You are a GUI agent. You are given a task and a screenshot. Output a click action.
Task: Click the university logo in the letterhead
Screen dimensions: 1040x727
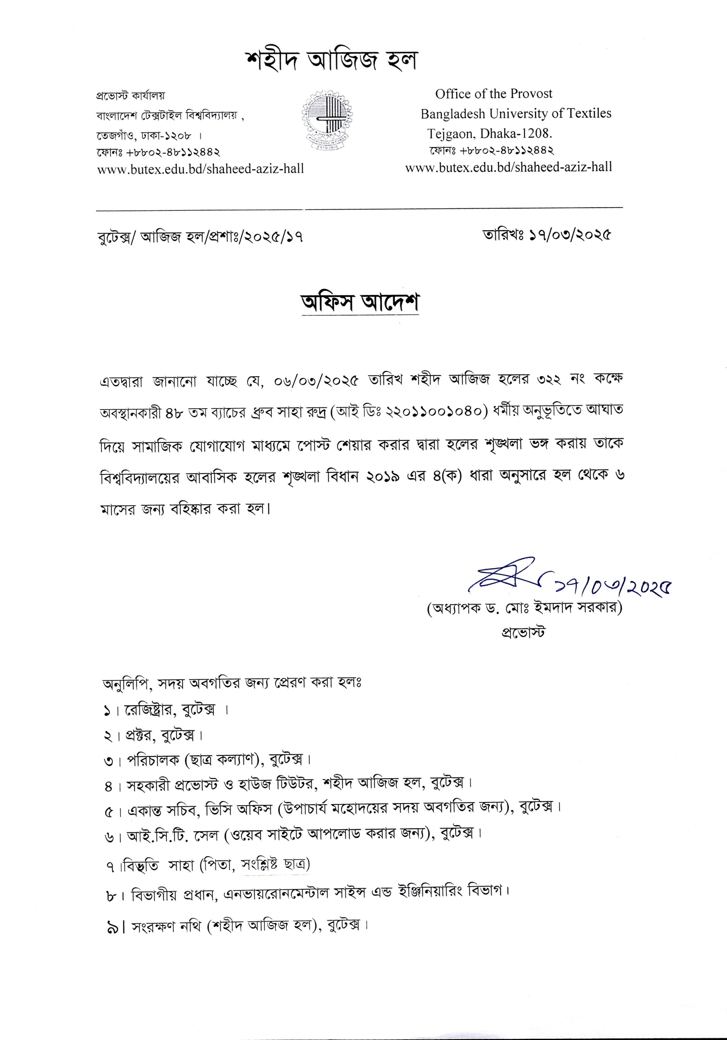pos(328,117)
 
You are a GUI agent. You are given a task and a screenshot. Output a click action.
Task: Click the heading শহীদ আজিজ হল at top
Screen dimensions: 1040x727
pos(331,61)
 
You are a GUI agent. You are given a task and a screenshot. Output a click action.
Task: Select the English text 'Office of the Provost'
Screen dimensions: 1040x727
pos(494,94)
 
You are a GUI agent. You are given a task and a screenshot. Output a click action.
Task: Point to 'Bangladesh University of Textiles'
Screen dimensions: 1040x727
pos(516,113)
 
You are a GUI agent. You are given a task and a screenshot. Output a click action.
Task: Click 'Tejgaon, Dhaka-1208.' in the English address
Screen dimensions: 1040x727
pos(490,134)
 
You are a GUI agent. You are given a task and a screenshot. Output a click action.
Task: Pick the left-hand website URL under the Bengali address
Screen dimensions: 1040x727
pos(201,169)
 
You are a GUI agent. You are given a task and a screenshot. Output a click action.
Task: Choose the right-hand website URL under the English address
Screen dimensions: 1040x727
pos(508,167)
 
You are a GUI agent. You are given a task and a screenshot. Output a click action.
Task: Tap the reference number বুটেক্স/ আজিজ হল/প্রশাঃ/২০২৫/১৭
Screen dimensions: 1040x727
pos(200,236)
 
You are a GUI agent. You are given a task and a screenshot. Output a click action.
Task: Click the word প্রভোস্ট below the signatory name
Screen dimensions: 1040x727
pos(523,631)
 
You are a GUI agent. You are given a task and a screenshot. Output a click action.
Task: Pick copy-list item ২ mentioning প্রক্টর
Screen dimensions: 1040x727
pos(153,735)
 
